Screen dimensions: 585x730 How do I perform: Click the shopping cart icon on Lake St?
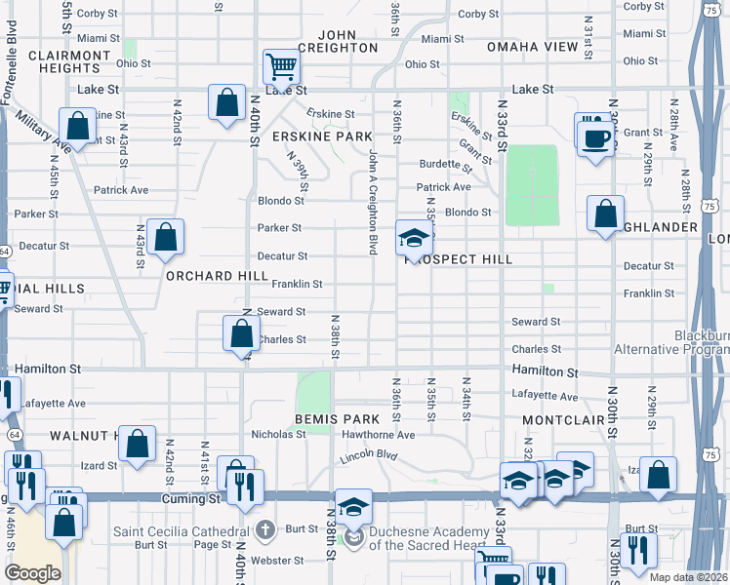pos(281,67)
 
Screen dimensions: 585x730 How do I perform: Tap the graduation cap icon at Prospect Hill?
pos(413,238)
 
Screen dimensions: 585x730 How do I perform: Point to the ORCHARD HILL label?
pos(217,276)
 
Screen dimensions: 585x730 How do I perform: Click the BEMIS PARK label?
pos(330,419)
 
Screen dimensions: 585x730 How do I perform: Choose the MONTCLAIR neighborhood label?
pos(557,419)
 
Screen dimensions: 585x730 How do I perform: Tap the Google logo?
pos(34,573)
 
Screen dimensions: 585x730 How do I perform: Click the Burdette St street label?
pos(445,164)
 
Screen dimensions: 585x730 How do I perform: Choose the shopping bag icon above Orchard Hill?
pos(166,236)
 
